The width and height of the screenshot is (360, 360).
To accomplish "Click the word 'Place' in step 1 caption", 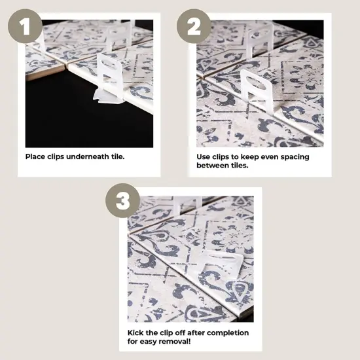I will click(x=36, y=157).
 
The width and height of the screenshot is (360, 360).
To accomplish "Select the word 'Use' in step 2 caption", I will click(x=204, y=157).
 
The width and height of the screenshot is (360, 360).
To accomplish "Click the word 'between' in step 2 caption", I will click(x=212, y=166).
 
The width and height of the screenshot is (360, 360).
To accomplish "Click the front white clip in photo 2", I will click(x=257, y=92).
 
